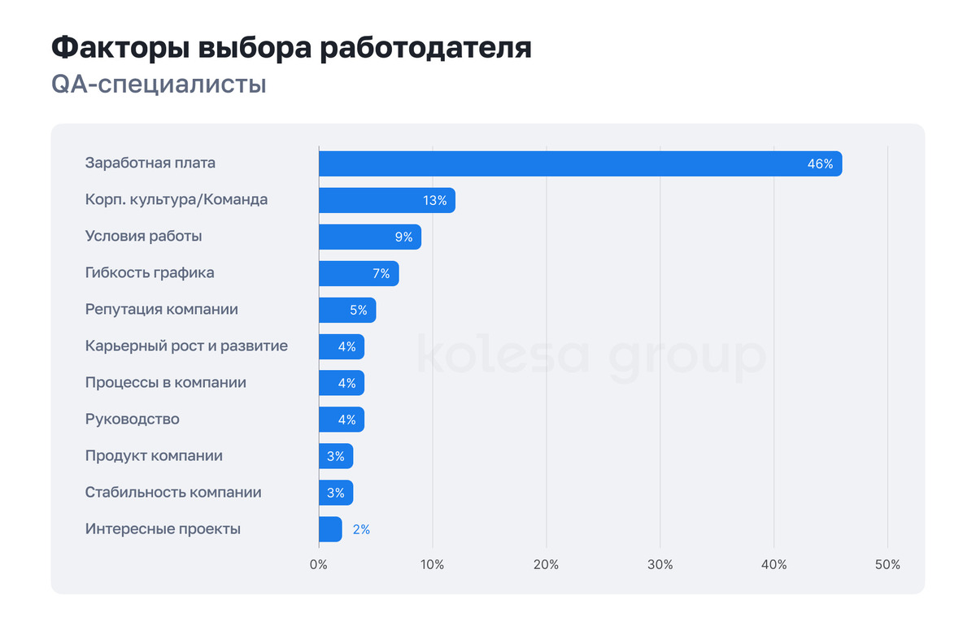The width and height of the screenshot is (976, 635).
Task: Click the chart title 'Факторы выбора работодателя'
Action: (291, 48)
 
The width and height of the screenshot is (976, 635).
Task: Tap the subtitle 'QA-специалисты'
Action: (159, 85)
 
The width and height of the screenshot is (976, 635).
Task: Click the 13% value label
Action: (434, 201)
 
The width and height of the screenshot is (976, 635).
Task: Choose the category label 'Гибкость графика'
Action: (150, 273)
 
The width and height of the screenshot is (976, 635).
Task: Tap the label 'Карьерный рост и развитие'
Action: (186, 346)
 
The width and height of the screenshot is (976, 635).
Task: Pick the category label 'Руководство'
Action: (132, 420)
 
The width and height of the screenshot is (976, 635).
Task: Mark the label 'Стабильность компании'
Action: (173, 493)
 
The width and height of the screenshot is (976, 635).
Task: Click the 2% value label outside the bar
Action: (361, 529)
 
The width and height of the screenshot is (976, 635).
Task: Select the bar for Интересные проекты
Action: (330, 529)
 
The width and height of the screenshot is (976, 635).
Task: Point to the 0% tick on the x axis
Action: (319, 565)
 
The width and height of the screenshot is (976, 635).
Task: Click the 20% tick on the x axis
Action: (547, 565)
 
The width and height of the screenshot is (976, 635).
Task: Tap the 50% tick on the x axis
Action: (887, 565)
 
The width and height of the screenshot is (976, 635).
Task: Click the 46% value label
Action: (820, 164)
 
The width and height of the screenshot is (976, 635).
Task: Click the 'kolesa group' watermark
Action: (591, 357)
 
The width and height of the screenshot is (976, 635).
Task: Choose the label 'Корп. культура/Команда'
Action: (176, 200)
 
